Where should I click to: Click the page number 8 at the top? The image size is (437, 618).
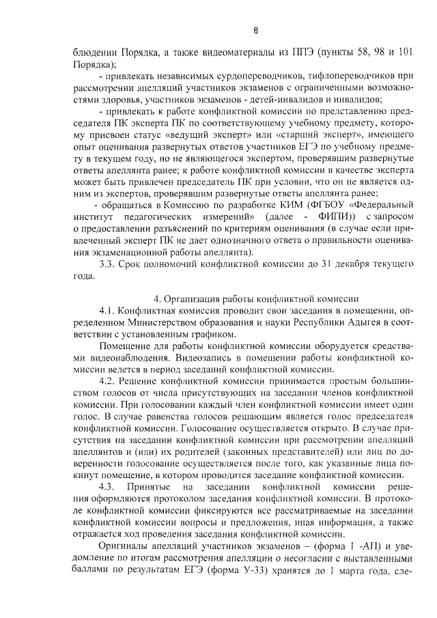(255, 31)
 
